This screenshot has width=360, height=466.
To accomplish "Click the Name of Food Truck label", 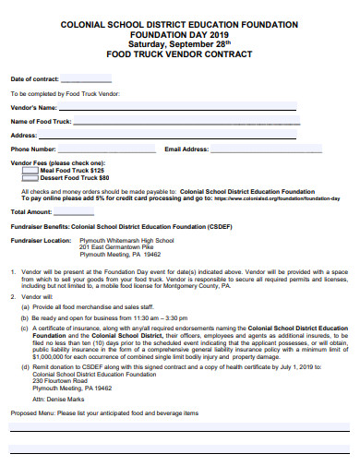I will pyautogui.click(x=41, y=121).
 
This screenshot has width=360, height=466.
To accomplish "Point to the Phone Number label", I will pyautogui.click(x=33, y=148).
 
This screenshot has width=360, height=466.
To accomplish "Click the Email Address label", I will pyautogui.click(x=186, y=148).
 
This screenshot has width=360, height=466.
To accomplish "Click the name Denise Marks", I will pyautogui.click(x=61, y=399).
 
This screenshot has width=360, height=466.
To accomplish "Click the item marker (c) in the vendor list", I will pyautogui.click(x=24, y=328).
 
